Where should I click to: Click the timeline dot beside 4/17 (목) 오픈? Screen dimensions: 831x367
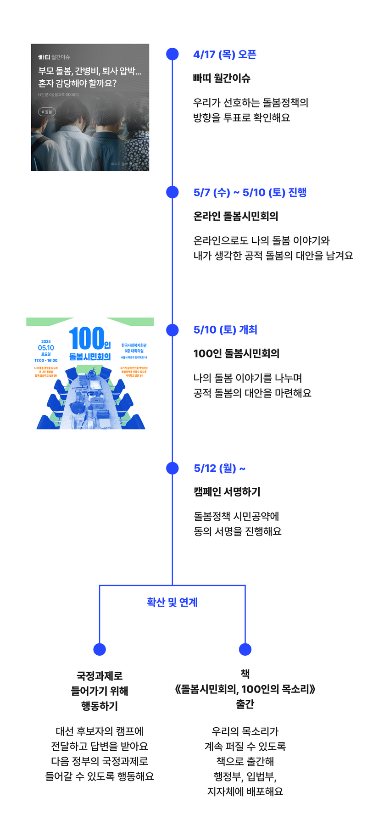pyautogui.click(x=172, y=54)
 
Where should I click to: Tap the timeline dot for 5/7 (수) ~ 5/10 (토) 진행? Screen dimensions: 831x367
pyautogui.click(x=172, y=192)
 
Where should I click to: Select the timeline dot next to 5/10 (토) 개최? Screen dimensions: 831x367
pyautogui.click(x=172, y=330)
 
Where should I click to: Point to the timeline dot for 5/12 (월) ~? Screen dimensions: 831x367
pyautogui.click(x=172, y=468)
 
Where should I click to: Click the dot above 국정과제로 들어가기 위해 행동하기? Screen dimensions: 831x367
pyautogui.click(x=100, y=649)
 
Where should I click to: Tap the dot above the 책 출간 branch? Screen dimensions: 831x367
pyautogui.click(x=245, y=649)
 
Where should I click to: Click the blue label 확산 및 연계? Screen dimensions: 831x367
pyautogui.click(x=172, y=602)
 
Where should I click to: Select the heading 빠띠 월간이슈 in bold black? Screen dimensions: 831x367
pyautogui.click(x=222, y=78)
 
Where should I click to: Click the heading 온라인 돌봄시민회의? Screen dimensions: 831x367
pyautogui.click(x=236, y=216)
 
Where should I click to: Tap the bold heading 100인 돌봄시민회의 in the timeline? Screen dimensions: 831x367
pyautogui.click(x=236, y=353)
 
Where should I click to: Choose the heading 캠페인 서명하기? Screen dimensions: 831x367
pyautogui.click(x=227, y=491)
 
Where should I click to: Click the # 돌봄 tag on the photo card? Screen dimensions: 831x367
pyautogui.click(x=47, y=112)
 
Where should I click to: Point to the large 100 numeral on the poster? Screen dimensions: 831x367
pyautogui.click(x=86, y=339)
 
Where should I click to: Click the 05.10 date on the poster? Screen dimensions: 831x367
pyautogui.click(x=46, y=348)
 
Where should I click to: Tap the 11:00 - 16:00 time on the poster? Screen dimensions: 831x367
pyautogui.click(x=46, y=361)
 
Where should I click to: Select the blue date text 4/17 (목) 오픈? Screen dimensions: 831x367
pyautogui.click(x=225, y=55)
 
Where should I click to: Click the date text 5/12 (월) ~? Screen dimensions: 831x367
pyautogui.click(x=219, y=468)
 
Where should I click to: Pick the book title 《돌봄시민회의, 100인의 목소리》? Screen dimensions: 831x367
pyautogui.click(x=245, y=689)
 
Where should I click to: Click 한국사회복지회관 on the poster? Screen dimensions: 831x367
pyautogui.click(x=134, y=345)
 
